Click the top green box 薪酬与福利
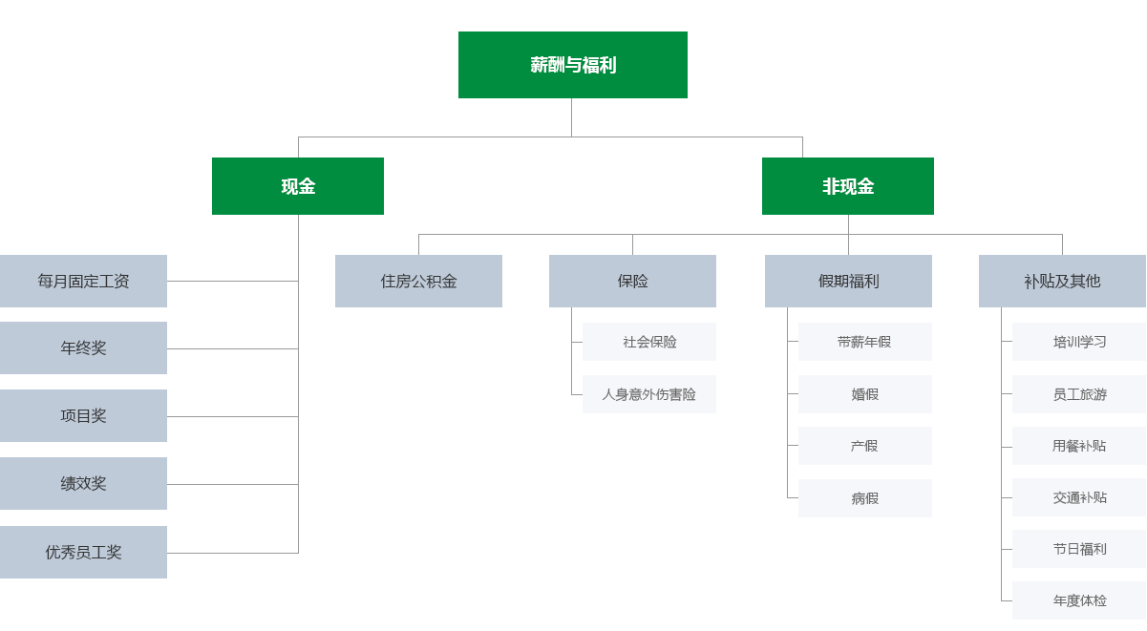tap(573, 65)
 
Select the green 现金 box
tap(298, 186)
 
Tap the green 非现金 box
tap(848, 186)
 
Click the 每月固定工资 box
tap(83, 281)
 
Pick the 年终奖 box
tap(83, 347)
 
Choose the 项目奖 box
tap(83, 415)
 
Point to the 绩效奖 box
tap(83, 483)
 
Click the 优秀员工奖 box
tap(83, 552)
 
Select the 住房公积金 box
tap(418, 281)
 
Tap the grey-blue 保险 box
tap(632, 281)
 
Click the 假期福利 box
tap(848, 281)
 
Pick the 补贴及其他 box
tap(1062, 281)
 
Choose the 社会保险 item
tap(649, 342)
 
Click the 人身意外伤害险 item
tap(649, 394)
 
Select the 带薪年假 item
tap(864, 342)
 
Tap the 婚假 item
tap(864, 394)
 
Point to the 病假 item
tap(864, 498)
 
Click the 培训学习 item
tap(1079, 342)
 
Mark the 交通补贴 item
tap(1079, 497)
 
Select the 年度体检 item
tap(1079, 600)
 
